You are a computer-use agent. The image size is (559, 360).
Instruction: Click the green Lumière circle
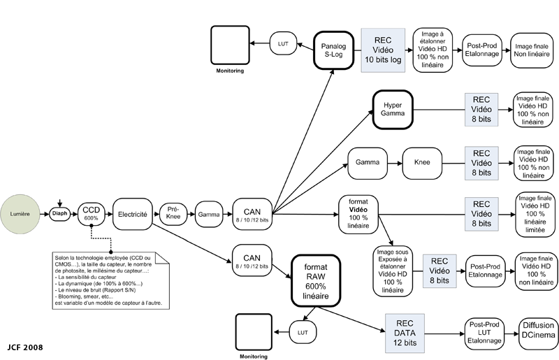(x=20, y=214)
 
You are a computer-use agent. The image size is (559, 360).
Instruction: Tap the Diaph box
(x=59, y=214)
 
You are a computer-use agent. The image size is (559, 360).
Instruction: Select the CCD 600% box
(x=92, y=214)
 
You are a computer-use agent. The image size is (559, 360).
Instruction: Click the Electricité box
(x=133, y=214)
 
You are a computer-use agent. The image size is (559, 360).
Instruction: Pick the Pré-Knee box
(x=173, y=214)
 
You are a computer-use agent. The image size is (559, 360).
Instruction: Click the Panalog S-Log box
(x=334, y=50)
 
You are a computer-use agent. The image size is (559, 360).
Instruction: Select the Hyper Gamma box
(x=393, y=110)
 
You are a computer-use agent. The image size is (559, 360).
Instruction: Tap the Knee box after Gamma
(x=422, y=163)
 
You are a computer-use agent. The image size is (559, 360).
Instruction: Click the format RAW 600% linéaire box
(x=316, y=281)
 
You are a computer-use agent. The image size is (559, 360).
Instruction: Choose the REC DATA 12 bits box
(x=405, y=333)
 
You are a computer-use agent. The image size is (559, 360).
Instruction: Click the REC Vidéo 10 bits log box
(x=383, y=50)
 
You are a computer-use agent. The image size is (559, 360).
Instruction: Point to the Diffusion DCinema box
(x=538, y=333)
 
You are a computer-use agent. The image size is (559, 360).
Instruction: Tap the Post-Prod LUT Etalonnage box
(x=484, y=333)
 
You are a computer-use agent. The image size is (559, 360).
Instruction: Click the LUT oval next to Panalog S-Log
(x=283, y=43)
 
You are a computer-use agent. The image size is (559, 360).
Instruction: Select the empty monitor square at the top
(x=230, y=45)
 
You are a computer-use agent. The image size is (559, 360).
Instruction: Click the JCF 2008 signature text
(x=25, y=347)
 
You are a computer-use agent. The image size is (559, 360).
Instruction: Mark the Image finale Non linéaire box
(x=532, y=50)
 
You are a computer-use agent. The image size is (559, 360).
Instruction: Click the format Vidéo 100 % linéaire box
(x=358, y=214)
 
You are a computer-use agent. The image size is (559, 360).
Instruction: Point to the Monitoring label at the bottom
(x=254, y=357)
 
